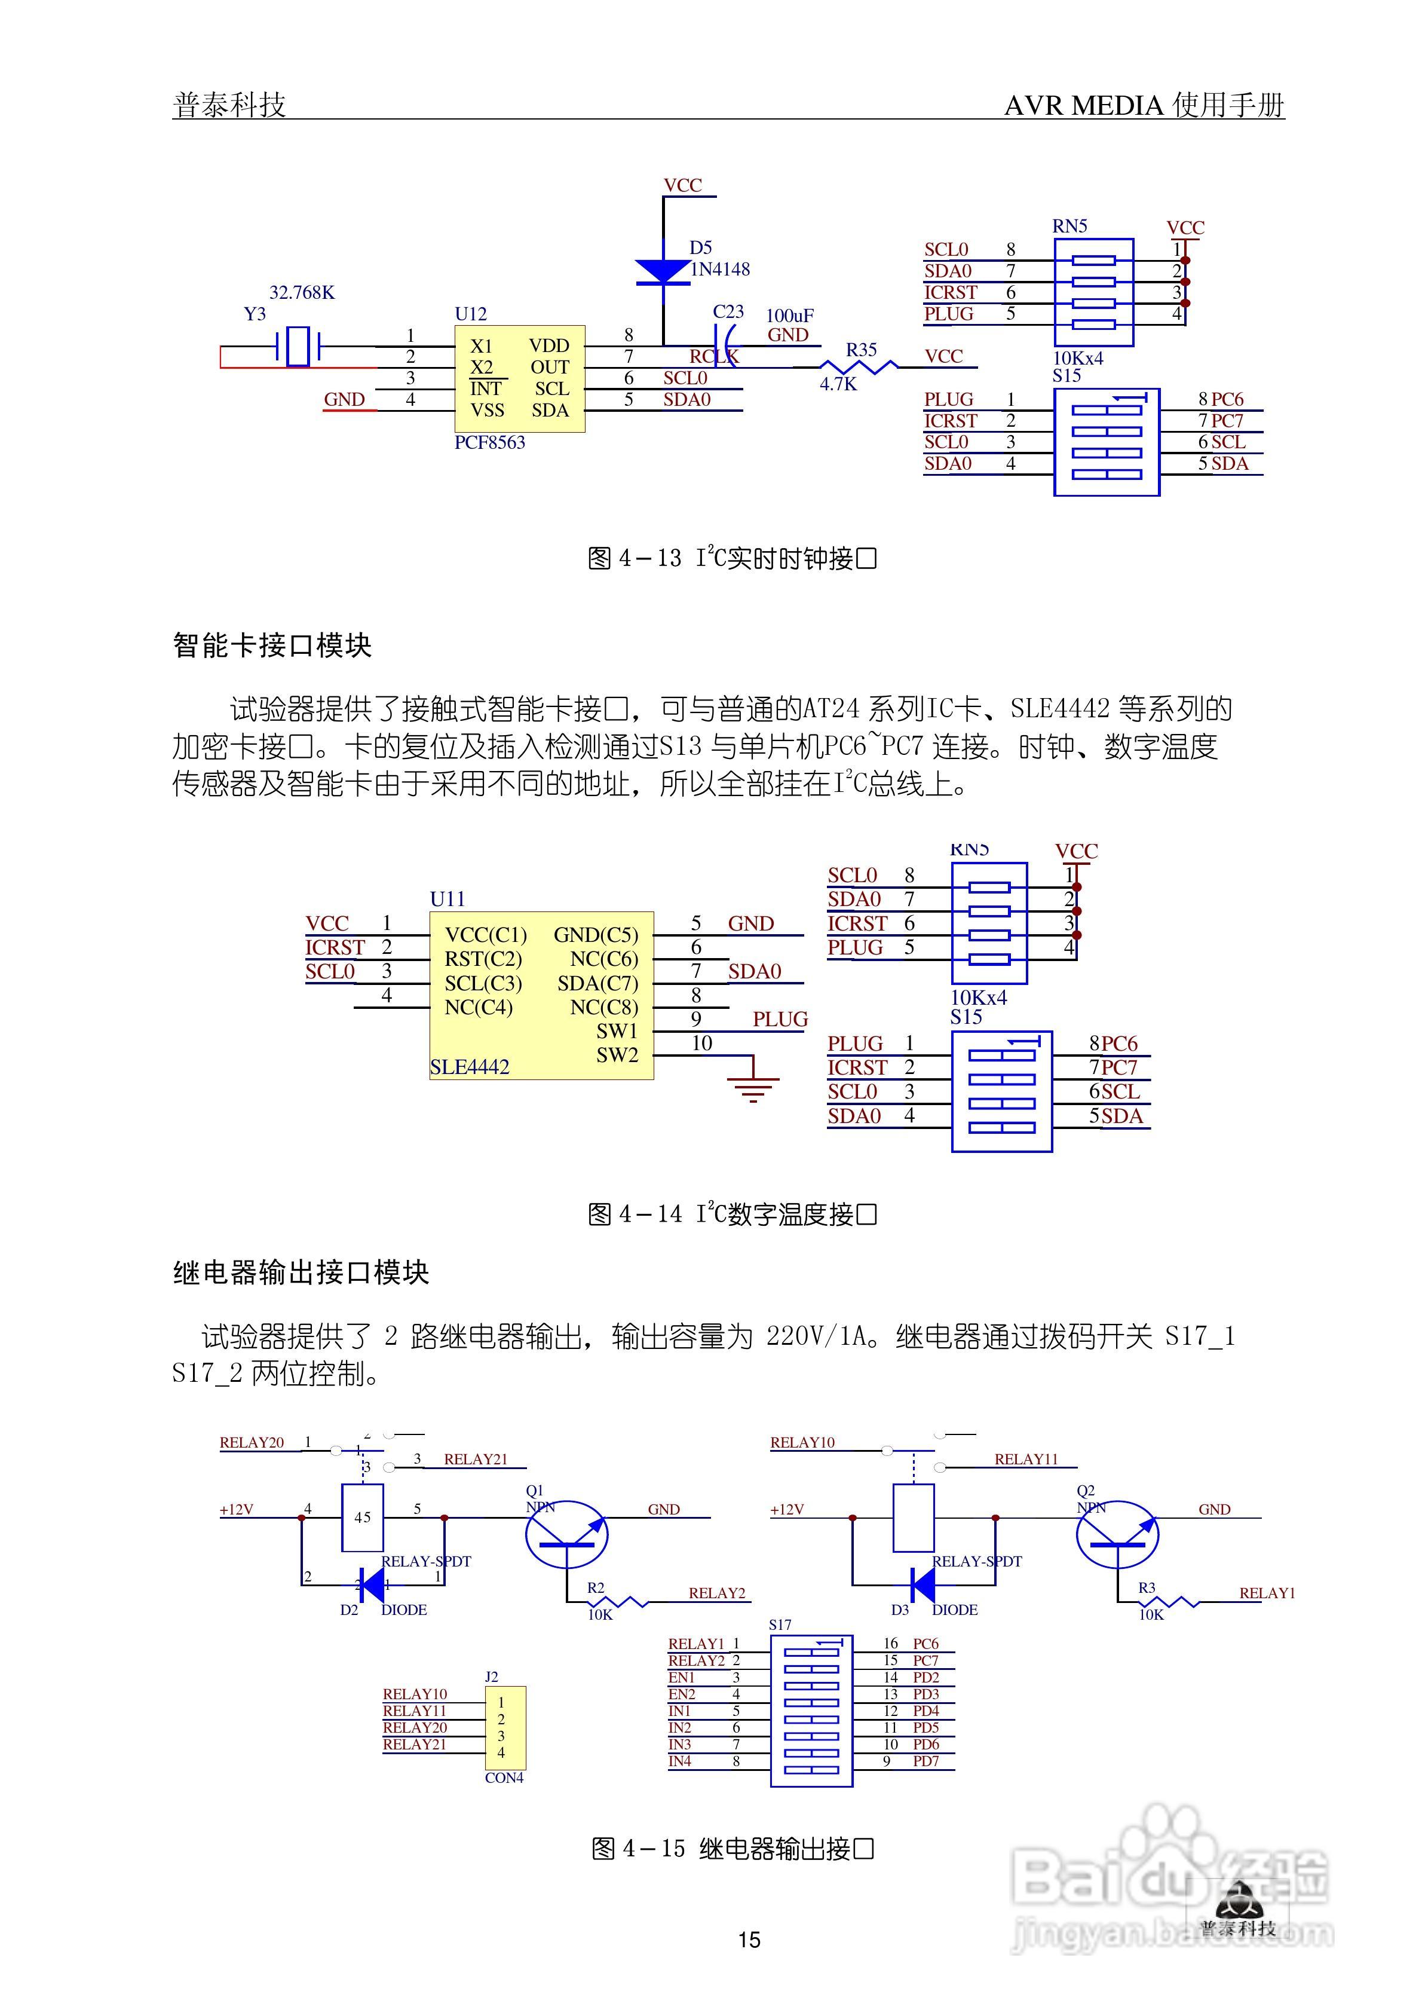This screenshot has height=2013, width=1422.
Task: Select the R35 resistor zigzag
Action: click(x=859, y=366)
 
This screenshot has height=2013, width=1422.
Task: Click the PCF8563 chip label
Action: click(x=489, y=443)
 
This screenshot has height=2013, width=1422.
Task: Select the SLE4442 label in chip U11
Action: click(x=469, y=1067)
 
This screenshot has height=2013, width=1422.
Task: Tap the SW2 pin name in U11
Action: click(x=617, y=1055)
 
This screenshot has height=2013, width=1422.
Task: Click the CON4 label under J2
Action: click(x=504, y=1778)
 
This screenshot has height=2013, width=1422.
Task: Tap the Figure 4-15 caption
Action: click(x=733, y=1848)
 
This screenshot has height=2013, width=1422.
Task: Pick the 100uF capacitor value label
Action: click(x=790, y=316)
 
